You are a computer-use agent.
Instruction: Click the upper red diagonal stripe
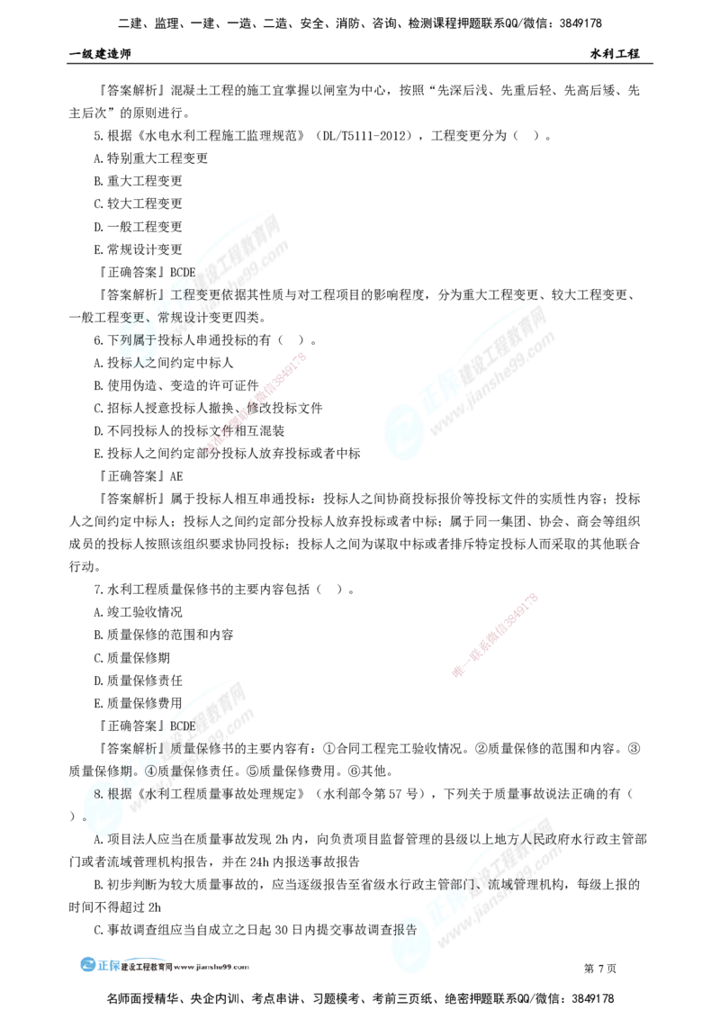[256, 401]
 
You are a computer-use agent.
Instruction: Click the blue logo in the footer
[89, 963]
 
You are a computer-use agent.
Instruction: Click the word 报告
[405, 930]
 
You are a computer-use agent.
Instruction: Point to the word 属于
[147, 339]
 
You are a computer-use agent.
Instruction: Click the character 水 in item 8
[144, 792]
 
